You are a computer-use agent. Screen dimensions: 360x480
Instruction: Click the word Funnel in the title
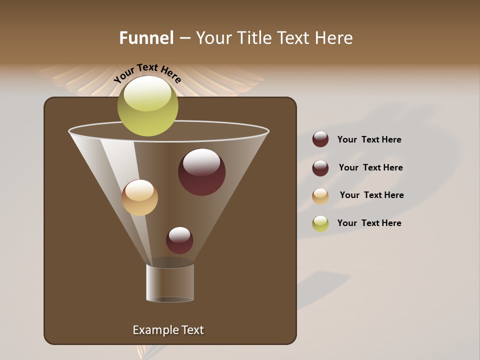click(x=146, y=38)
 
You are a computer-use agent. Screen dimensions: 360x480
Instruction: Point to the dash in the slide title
click(x=184, y=38)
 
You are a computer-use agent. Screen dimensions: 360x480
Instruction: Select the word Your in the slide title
click(x=213, y=38)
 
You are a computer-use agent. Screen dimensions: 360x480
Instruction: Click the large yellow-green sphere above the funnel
click(x=147, y=106)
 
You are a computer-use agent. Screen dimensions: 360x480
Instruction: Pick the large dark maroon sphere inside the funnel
click(x=201, y=172)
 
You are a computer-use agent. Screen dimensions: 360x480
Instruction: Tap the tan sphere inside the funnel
click(x=139, y=197)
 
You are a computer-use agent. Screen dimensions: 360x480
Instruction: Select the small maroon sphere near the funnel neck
click(x=179, y=240)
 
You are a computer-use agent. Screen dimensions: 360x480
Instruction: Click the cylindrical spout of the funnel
click(x=170, y=282)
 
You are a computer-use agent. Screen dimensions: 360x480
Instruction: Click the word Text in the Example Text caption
click(x=191, y=330)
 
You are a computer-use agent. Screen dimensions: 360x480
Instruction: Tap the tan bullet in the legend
click(x=320, y=196)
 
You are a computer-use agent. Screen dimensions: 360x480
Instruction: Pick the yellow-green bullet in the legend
click(x=320, y=223)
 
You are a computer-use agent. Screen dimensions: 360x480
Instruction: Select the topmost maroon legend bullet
click(x=320, y=139)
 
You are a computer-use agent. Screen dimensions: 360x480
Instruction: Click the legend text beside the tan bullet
click(x=371, y=195)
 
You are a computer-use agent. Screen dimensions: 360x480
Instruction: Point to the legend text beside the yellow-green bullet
click(x=369, y=223)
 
